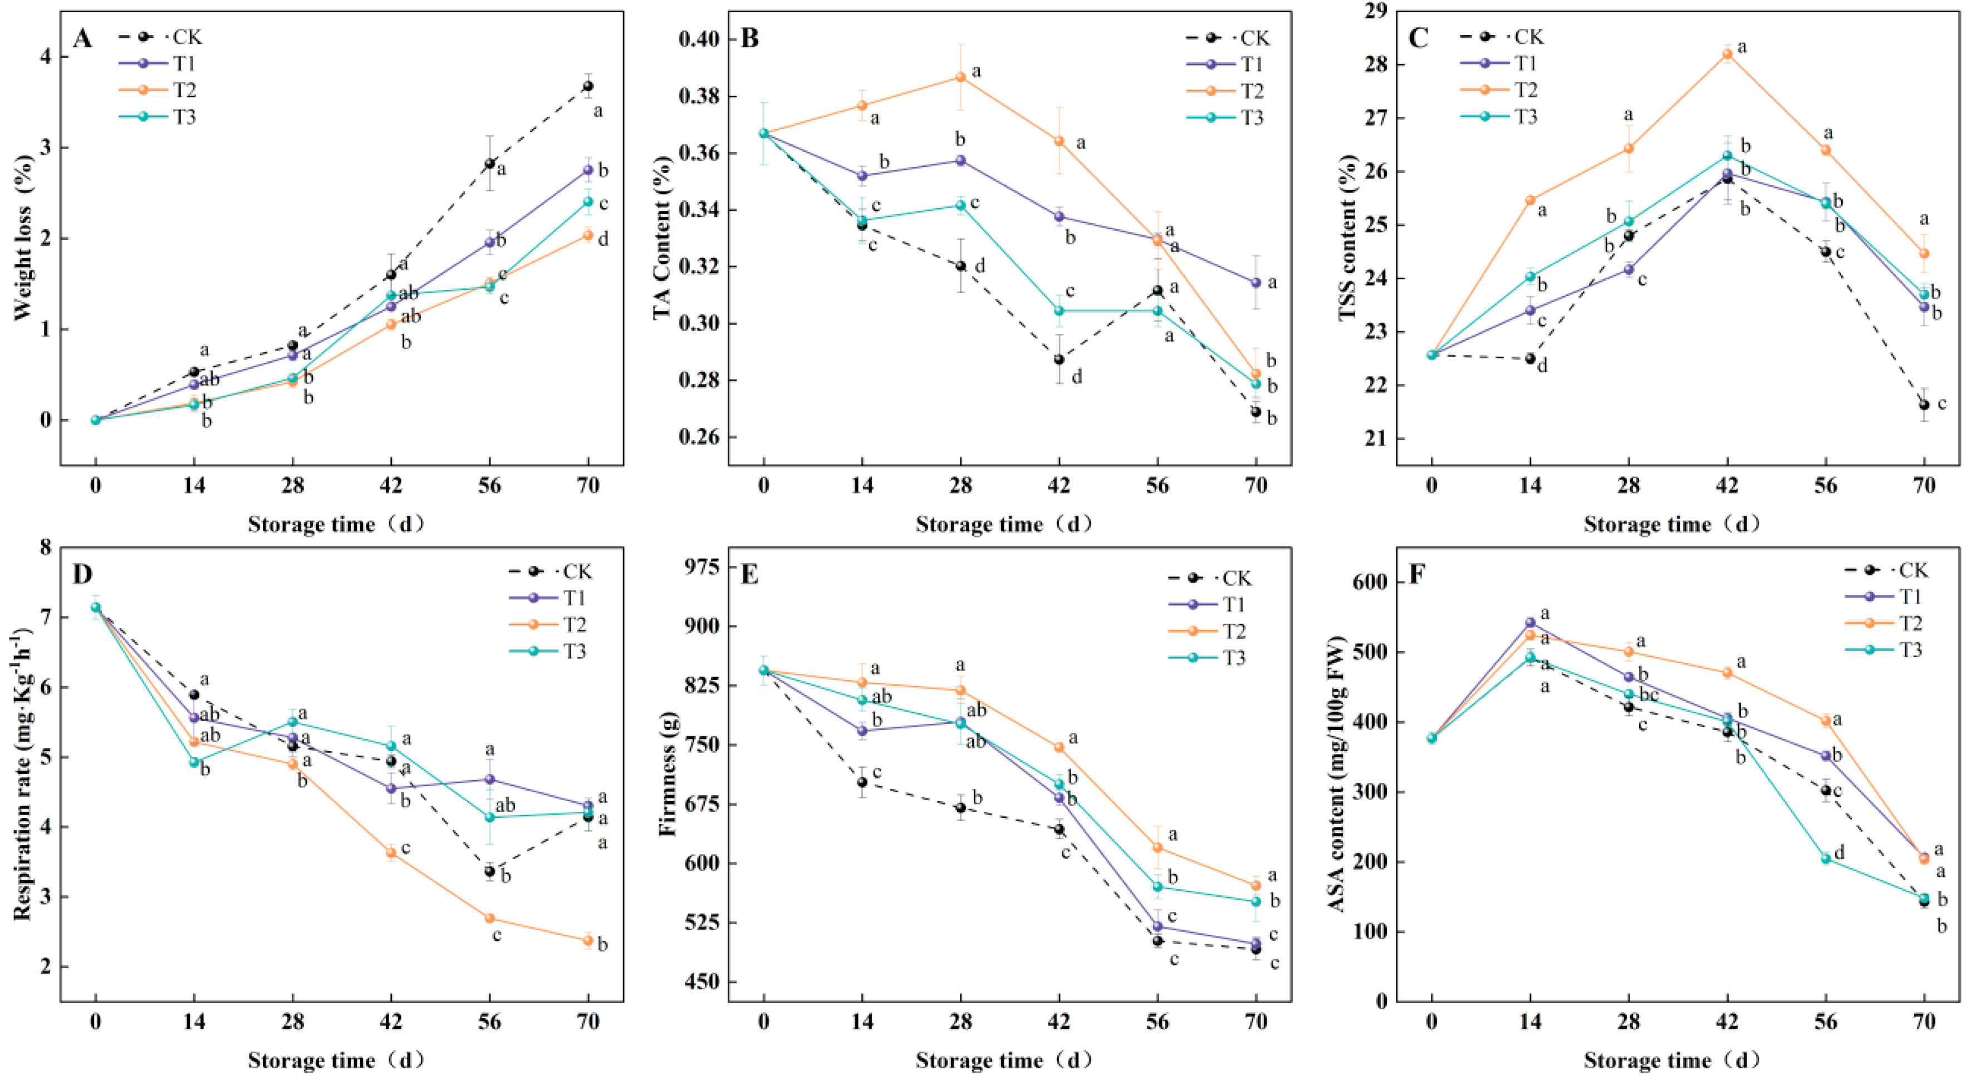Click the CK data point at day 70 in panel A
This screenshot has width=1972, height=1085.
click(588, 86)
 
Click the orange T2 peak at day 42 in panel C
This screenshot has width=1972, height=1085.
click(1727, 53)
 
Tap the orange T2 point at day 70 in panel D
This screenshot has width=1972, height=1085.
click(588, 941)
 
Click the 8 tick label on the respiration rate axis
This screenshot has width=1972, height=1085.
click(46, 548)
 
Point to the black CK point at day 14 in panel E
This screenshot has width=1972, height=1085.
click(862, 782)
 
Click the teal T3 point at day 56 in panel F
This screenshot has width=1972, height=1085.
click(1826, 859)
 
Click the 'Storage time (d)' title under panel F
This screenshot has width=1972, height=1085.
click(1672, 1061)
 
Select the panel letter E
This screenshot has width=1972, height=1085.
click(749, 574)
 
